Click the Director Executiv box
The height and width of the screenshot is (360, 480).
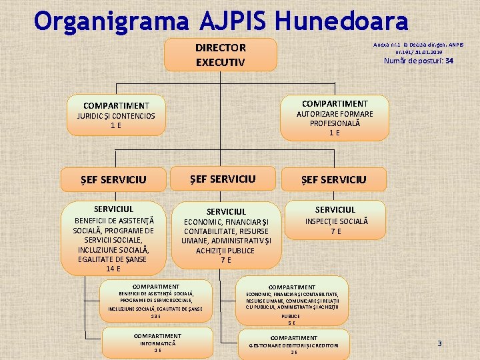[220, 55]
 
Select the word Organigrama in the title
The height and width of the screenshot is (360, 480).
[112, 21]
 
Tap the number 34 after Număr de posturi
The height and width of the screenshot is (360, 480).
[449, 61]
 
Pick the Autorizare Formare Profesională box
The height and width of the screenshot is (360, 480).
[334, 118]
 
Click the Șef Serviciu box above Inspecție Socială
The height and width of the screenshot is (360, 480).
[333, 179]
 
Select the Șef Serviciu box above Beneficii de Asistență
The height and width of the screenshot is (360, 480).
[113, 179]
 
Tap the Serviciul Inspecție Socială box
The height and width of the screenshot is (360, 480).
[335, 220]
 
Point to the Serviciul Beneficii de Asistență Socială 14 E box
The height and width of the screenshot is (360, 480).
[113, 237]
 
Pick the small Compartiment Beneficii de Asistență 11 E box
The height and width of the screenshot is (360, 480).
[156, 301]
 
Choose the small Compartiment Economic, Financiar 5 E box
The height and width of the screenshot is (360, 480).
[292, 303]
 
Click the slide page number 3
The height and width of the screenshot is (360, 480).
[439, 343]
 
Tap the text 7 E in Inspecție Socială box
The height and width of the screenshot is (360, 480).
[336, 231]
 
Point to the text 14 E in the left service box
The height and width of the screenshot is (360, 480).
[113, 269]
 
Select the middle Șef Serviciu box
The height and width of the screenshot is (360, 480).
[223, 179]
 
